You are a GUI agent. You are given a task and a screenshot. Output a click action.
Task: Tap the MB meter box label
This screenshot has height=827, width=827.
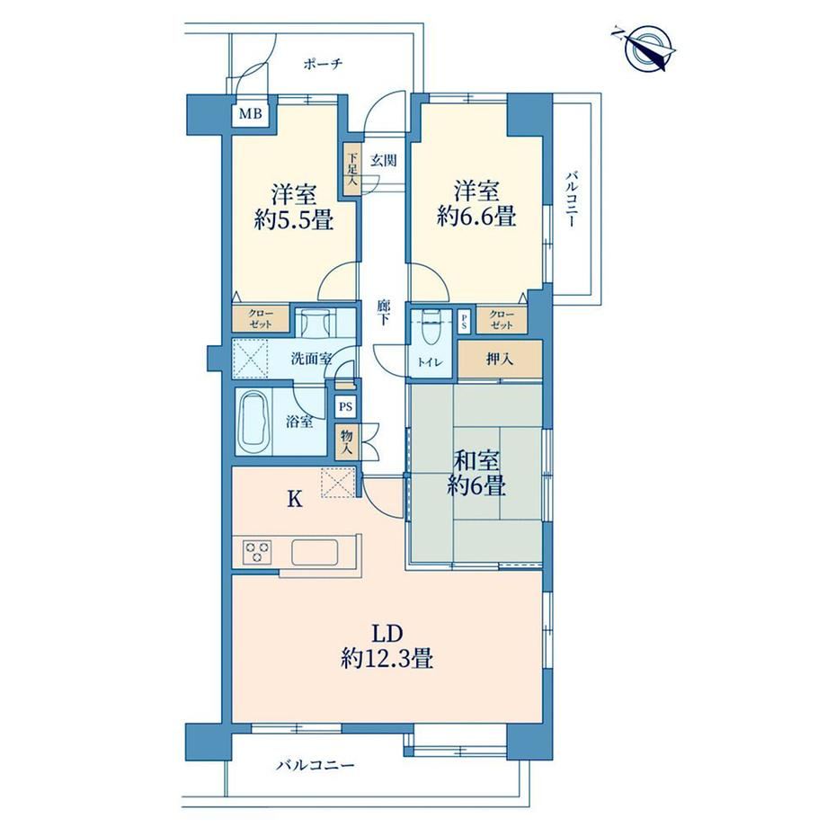[x=251, y=114]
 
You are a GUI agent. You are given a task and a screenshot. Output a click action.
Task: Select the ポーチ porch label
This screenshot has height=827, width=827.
[x=324, y=65]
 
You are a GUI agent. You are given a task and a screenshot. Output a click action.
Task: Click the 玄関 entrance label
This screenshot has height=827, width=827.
[x=384, y=160]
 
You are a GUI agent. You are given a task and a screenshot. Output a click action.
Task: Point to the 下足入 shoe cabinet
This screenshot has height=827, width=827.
[x=352, y=170]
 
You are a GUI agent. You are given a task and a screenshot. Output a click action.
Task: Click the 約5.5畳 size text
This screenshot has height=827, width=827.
[x=294, y=220]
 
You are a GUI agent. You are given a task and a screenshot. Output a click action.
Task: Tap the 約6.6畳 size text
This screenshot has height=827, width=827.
[x=476, y=217]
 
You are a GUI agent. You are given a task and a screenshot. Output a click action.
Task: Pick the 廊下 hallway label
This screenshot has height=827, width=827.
[x=384, y=312]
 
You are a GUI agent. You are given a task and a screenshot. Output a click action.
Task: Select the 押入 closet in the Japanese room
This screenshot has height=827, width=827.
[x=500, y=360]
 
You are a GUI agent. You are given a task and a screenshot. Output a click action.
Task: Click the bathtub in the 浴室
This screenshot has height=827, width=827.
[x=253, y=422]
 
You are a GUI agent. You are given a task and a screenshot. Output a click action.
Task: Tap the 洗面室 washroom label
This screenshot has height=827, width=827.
[x=311, y=360]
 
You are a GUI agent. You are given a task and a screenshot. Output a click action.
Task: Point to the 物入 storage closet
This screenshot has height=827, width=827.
[x=347, y=442]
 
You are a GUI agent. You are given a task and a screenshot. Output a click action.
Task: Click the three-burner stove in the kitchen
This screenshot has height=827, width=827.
[x=257, y=552]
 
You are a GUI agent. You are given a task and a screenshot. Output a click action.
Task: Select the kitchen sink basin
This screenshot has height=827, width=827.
[x=315, y=552]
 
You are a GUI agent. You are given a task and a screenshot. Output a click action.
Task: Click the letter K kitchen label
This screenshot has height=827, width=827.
[x=294, y=499]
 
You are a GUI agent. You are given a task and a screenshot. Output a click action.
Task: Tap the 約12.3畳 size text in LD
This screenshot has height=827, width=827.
[x=387, y=659]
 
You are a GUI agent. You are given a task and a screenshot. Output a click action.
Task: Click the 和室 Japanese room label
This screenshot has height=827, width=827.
[x=476, y=461]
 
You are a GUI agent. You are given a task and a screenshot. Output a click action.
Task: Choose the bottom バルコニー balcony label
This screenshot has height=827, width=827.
[x=316, y=765]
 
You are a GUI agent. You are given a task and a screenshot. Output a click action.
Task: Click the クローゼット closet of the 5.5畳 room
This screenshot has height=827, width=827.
[x=261, y=318]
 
